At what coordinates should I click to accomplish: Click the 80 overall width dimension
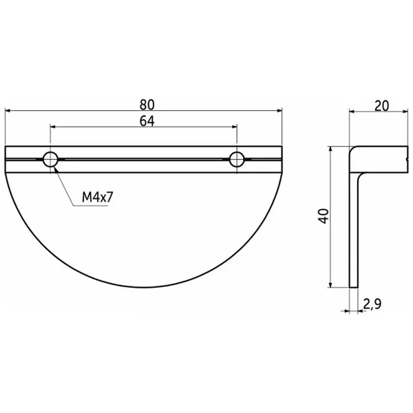click(x=147, y=105)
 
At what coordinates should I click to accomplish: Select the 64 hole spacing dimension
click(x=147, y=121)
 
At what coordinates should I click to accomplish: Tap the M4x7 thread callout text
click(x=98, y=197)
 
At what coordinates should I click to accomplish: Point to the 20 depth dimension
click(x=381, y=106)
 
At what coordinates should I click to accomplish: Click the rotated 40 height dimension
click(x=324, y=216)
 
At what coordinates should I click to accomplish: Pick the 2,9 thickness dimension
click(x=372, y=304)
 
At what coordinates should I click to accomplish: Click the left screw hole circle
click(x=50, y=159)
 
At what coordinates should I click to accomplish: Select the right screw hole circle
click(x=237, y=159)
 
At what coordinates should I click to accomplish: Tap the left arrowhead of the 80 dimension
click(x=8, y=111)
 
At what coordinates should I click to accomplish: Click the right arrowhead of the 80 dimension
click(x=279, y=111)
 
